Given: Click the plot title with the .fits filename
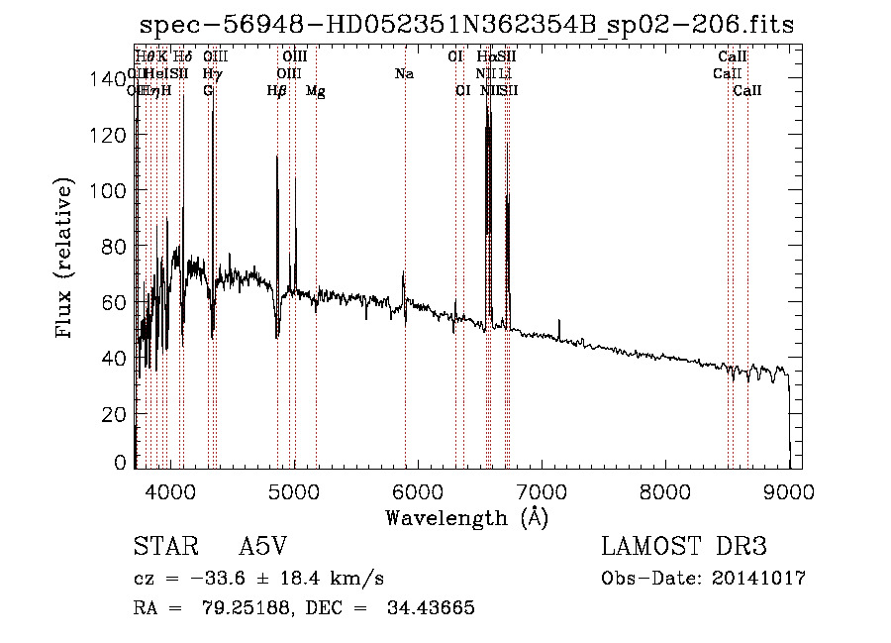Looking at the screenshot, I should (x=466, y=25).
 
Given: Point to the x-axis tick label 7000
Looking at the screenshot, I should (x=541, y=490).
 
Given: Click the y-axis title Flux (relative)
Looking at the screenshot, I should (x=66, y=260).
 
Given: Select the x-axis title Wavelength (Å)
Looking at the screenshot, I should (x=466, y=517).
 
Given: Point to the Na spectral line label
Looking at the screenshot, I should (x=404, y=74).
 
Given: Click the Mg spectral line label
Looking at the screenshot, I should (x=316, y=92).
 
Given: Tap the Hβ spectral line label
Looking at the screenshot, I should (x=277, y=91).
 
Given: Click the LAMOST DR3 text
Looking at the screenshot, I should (x=683, y=547).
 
